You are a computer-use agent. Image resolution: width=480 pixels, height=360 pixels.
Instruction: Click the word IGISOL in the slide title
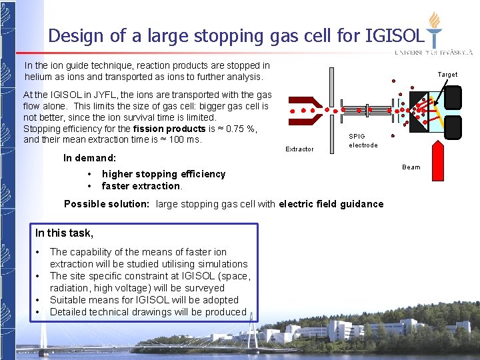[394, 35]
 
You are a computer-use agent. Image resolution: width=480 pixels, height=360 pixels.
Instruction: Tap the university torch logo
[435, 30]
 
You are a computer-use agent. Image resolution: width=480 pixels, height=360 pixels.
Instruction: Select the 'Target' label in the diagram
[447, 75]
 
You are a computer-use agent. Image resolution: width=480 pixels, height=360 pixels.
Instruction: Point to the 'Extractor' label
[299, 149]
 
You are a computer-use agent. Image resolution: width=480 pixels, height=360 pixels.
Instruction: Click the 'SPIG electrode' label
[363, 141]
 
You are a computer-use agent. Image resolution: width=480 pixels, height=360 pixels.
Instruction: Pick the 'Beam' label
[411, 167]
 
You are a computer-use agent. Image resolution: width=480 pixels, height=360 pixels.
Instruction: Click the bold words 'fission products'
[169, 129]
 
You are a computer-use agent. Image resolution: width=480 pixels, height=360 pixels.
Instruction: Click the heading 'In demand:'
[89, 158]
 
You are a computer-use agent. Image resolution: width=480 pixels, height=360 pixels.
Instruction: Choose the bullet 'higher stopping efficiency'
[163, 174]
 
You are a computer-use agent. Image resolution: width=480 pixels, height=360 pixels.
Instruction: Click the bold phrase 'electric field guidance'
[331, 204]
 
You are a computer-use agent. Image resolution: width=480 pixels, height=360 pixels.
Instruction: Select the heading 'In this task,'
[64, 233]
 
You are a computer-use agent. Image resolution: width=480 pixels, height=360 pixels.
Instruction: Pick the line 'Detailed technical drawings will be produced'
[148, 312]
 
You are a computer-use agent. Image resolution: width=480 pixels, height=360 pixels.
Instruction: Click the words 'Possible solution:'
[106, 204]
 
